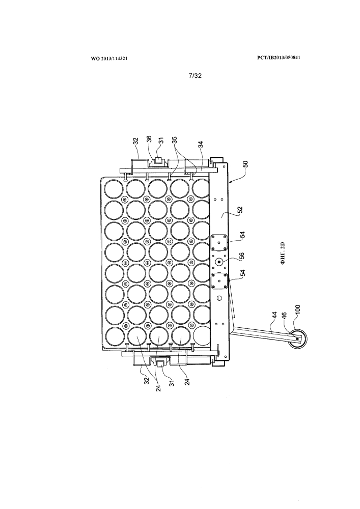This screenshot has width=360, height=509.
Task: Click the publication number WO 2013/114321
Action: (x=109, y=59)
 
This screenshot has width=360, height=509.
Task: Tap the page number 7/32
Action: (x=195, y=76)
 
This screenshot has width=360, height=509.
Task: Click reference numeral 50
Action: (x=246, y=163)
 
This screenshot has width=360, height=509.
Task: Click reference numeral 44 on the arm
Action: (x=274, y=316)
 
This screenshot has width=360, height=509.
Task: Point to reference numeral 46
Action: (x=285, y=316)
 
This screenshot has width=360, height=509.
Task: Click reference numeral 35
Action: (x=175, y=140)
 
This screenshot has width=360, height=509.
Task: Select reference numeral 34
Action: (x=201, y=144)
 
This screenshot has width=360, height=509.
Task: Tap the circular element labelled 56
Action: (x=219, y=262)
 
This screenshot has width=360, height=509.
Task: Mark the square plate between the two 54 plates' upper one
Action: (x=219, y=243)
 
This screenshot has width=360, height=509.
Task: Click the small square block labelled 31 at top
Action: (x=158, y=160)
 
